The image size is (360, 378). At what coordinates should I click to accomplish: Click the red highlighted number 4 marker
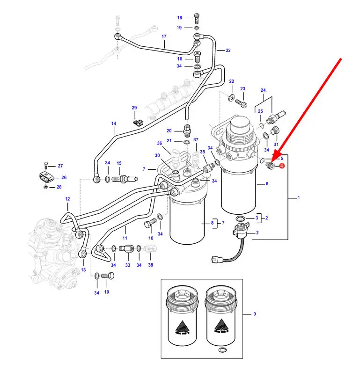[282, 166]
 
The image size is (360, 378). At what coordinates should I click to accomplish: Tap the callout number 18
[179, 18]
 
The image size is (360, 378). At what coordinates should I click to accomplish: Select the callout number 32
[228, 50]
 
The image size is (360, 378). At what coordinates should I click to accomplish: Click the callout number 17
[164, 36]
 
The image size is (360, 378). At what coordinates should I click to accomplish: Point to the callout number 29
[134, 108]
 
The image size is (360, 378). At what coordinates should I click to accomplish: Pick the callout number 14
[113, 124]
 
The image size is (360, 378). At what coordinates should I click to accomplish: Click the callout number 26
[64, 177]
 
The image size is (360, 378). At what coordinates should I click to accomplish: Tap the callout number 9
[255, 314]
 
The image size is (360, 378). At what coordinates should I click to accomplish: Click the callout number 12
[67, 199]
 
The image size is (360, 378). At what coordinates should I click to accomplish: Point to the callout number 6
[267, 184]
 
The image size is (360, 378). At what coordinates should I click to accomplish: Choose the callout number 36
[159, 143]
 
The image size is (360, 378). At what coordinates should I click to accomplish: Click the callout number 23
[242, 89]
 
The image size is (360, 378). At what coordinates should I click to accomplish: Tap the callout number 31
[276, 144]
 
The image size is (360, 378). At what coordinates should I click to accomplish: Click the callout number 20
[169, 131]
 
